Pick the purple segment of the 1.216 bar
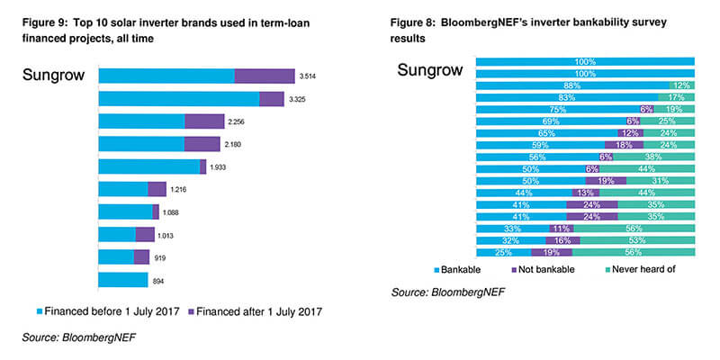(x=157, y=189)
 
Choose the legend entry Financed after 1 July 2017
(x=255, y=311)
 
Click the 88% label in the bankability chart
(x=571, y=85)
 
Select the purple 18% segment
(x=624, y=145)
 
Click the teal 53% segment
(x=635, y=241)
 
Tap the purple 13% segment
(x=587, y=193)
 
